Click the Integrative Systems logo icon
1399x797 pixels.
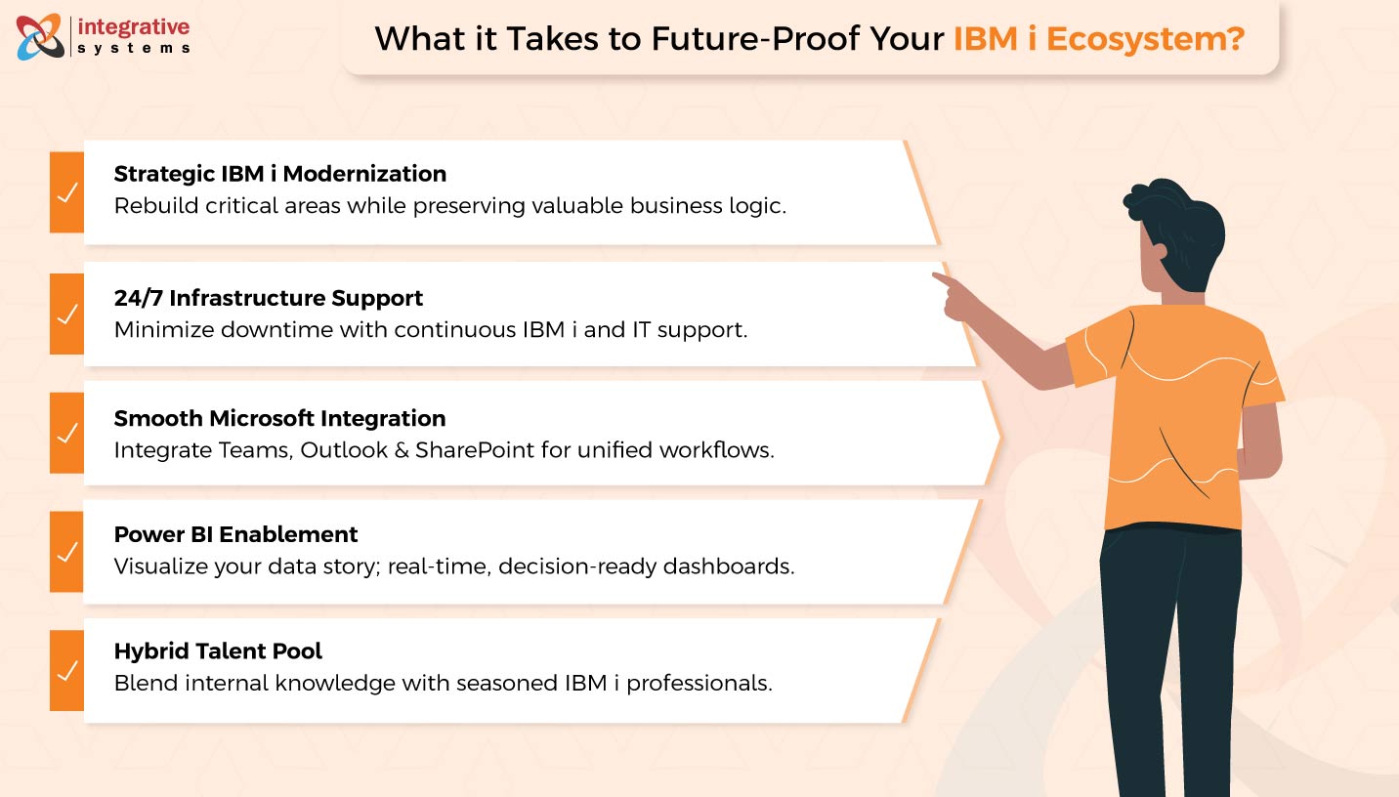click(x=40, y=36)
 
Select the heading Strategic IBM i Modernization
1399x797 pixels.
click(x=279, y=174)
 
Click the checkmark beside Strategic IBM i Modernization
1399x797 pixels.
click(x=66, y=192)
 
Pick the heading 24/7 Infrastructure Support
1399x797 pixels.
click(x=269, y=297)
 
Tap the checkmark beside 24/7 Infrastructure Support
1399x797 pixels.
click(x=66, y=315)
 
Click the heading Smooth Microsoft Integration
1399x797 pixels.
click(x=279, y=418)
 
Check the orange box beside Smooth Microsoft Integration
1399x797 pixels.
click(x=66, y=434)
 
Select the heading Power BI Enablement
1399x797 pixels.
click(x=235, y=534)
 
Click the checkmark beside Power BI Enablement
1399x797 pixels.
click(x=66, y=552)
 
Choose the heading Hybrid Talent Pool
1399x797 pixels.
click(x=218, y=650)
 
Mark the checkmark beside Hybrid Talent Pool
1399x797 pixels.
click(x=66, y=671)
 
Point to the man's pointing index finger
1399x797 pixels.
click(x=940, y=279)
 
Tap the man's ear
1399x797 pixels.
click(x=1159, y=251)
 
